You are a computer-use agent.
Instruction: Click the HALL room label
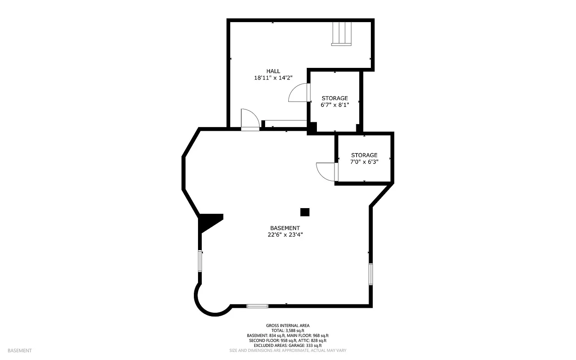click(x=273, y=71)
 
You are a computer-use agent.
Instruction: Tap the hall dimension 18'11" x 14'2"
click(x=273, y=78)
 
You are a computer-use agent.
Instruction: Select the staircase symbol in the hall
click(x=341, y=33)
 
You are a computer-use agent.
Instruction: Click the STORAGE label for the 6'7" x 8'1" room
click(x=334, y=98)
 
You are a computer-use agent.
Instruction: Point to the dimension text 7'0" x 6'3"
click(x=364, y=162)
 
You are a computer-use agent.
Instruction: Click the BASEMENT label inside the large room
click(x=285, y=228)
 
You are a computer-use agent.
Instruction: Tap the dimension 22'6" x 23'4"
click(x=285, y=235)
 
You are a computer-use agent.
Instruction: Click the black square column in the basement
click(x=305, y=212)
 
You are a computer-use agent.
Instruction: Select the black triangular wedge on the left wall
click(x=209, y=221)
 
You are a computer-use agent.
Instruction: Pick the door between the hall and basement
click(x=250, y=120)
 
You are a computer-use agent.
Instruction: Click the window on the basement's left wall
click(x=200, y=261)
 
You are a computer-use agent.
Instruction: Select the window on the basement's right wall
click(x=370, y=274)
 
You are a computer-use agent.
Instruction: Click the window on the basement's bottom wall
click(x=257, y=306)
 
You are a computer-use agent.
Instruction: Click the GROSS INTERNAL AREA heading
click(x=288, y=325)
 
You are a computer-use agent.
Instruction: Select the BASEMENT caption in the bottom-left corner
click(x=19, y=351)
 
